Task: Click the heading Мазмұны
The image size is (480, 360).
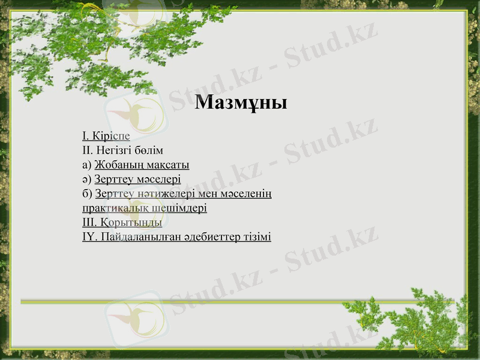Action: click(241, 102)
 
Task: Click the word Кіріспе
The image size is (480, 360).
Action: click(111, 136)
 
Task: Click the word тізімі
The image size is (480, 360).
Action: click(256, 237)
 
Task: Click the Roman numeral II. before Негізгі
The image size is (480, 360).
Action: click(88, 151)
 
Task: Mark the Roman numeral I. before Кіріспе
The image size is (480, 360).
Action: click(86, 136)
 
